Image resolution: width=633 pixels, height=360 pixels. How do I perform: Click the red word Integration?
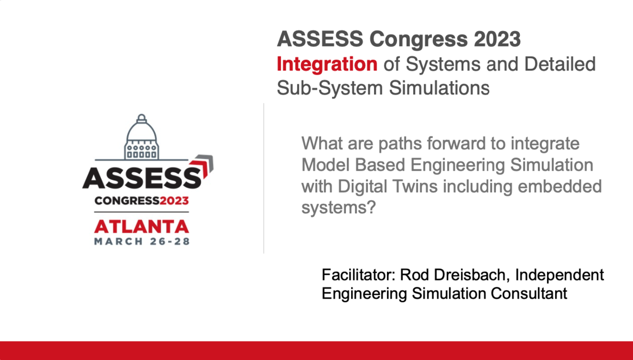pyautogui.click(x=327, y=65)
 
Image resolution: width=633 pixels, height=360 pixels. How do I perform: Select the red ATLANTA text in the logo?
pyautogui.click(x=141, y=226)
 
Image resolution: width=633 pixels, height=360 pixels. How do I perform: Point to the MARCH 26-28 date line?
pyautogui.click(x=141, y=241)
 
